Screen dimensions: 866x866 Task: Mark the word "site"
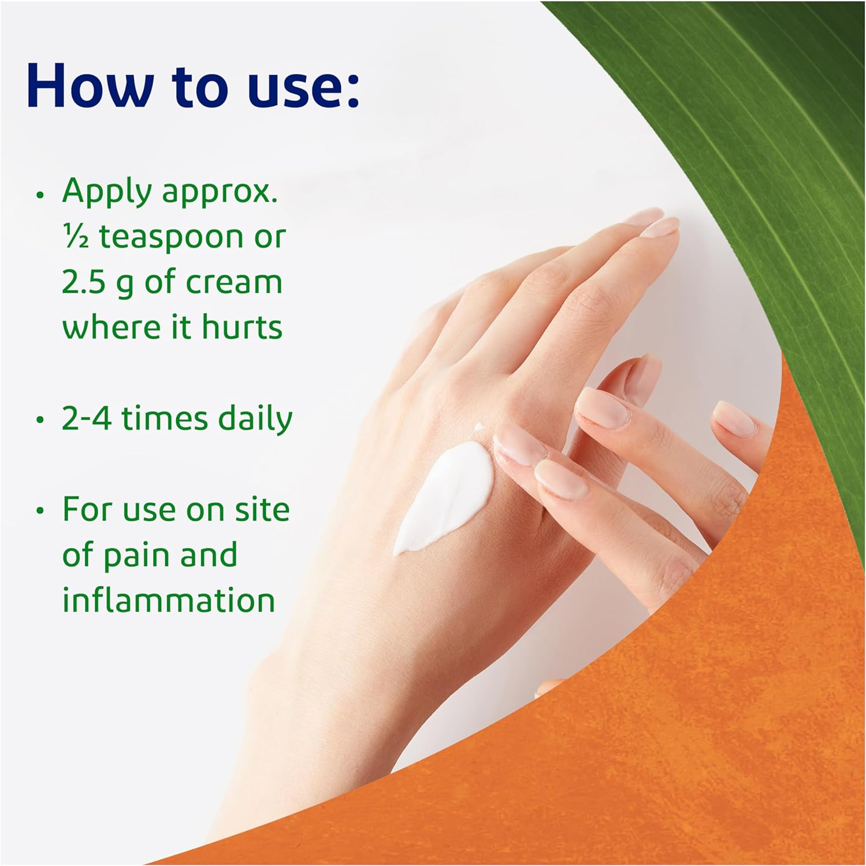(x=262, y=510)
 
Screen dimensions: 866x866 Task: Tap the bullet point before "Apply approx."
(x=40, y=195)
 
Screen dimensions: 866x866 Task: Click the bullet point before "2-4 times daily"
(x=40, y=420)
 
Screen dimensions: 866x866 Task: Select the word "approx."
(x=220, y=193)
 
